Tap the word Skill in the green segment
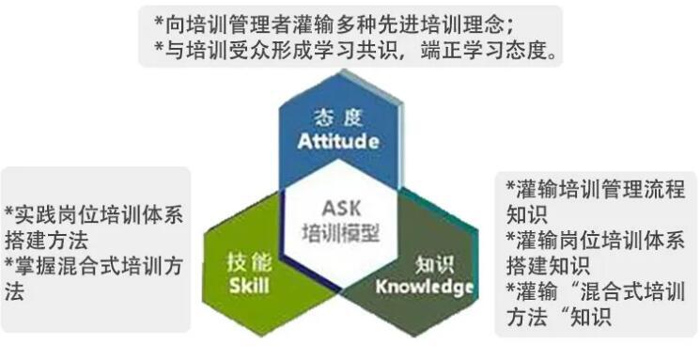click(248, 285)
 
